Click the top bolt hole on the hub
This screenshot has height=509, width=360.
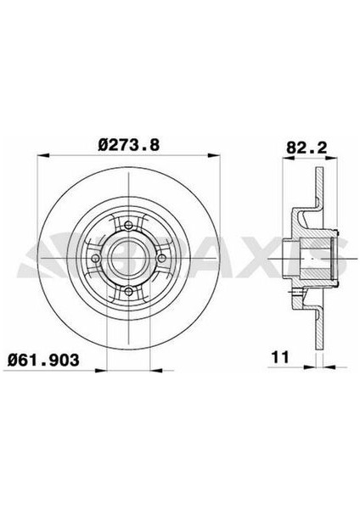125,225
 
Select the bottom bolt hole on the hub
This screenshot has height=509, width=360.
125,292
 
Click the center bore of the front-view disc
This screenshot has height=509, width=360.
125,259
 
